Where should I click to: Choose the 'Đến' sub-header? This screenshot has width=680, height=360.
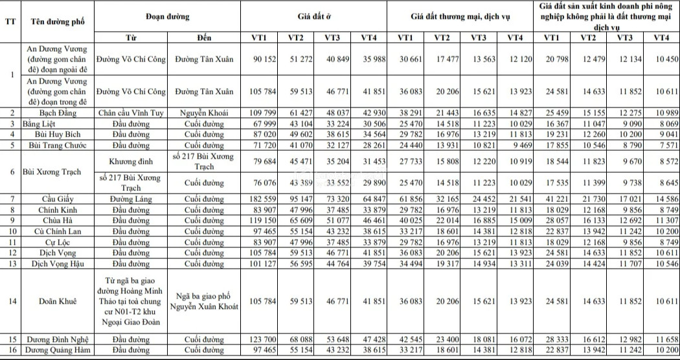(204, 37)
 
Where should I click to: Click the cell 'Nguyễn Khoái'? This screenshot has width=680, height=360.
(204, 113)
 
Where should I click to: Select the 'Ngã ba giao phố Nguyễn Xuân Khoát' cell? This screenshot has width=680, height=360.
(204, 301)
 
